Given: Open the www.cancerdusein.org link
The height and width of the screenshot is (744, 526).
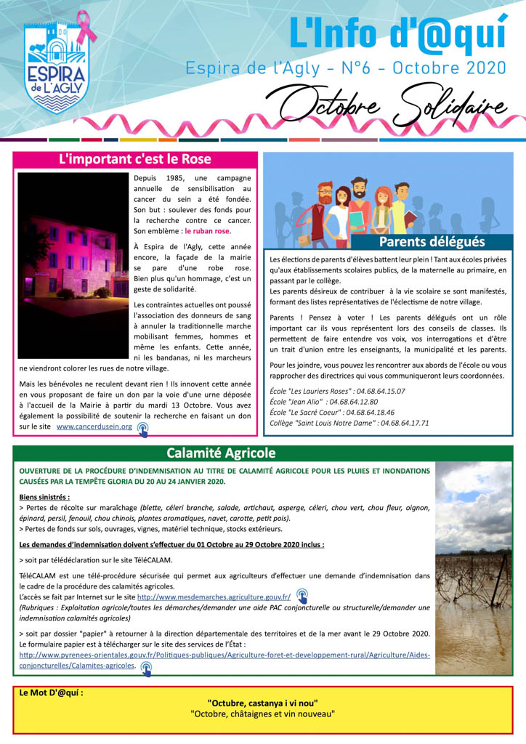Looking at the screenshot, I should click(x=94, y=426).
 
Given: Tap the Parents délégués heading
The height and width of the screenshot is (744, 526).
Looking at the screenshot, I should click(x=432, y=241).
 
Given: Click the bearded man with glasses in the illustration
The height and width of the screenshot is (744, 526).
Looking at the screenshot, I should click(x=325, y=203).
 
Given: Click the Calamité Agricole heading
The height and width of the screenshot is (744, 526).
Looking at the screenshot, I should click(x=221, y=453).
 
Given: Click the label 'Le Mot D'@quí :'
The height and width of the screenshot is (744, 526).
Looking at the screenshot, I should click(x=51, y=692).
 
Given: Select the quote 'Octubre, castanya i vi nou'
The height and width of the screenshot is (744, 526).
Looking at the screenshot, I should click(x=262, y=703).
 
